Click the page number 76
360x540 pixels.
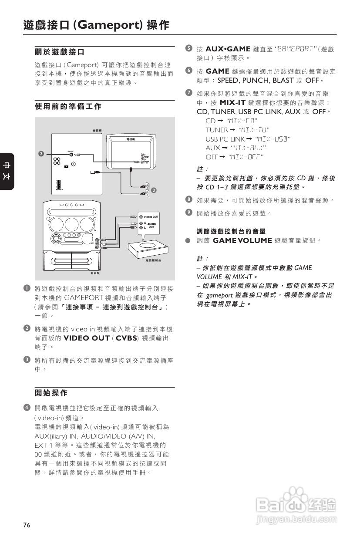(27, 525)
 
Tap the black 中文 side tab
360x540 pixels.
(7, 171)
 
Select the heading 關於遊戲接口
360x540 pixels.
(59, 53)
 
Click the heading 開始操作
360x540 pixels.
(51, 393)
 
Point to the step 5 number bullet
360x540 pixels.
(188, 48)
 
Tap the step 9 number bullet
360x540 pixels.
(188, 213)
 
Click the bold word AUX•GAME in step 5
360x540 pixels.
(228, 49)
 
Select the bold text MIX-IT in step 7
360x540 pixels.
(233, 103)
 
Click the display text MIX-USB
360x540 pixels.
(273, 139)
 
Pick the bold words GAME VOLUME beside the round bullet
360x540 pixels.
(242, 240)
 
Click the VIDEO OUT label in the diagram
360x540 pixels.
(151, 217)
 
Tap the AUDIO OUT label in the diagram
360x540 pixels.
(151, 225)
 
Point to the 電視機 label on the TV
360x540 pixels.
(131, 139)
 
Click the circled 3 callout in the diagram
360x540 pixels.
(153, 190)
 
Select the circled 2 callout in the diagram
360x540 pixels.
(40, 154)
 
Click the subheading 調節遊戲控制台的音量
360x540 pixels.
(231, 231)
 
